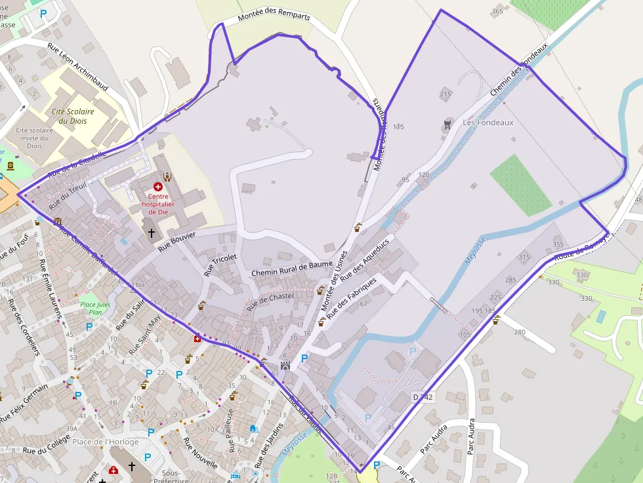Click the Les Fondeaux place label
(x=487, y=123)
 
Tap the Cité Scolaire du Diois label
(x=73, y=116)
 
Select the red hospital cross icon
(x=157, y=187)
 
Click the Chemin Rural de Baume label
(x=292, y=269)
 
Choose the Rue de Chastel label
(x=269, y=300)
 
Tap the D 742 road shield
(x=423, y=397)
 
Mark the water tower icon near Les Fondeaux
(x=448, y=123)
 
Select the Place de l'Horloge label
(x=106, y=442)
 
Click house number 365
(x=497, y=11)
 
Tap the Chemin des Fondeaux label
(x=518, y=72)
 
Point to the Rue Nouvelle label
(x=200, y=452)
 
